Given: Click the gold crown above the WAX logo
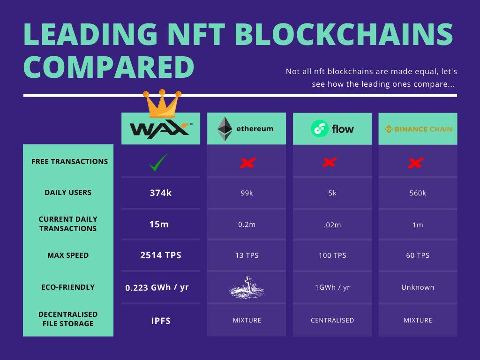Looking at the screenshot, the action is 162,104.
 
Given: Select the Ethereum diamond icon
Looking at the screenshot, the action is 225,128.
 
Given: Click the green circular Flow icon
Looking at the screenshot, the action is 320,128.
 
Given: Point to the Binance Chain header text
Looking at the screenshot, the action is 423,129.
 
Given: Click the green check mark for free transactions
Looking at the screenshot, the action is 158,162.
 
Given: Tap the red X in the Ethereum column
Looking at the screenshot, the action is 247,163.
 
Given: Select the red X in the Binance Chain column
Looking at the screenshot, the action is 416,163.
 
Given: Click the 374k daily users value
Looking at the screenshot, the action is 161,193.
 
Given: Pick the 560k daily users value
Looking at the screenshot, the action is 418,193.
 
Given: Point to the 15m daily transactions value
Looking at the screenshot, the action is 159,225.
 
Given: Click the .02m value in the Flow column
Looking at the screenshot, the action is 332,225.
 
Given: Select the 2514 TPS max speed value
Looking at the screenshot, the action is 161,255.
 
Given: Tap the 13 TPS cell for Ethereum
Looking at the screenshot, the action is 247,255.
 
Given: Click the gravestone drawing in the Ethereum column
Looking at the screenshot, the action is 247,287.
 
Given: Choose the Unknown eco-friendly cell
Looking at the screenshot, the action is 418,287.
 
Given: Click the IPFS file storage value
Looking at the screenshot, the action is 161,321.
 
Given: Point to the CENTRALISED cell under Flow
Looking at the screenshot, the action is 332,320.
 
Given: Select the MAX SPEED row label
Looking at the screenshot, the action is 68,255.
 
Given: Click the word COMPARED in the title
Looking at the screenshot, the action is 109,67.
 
